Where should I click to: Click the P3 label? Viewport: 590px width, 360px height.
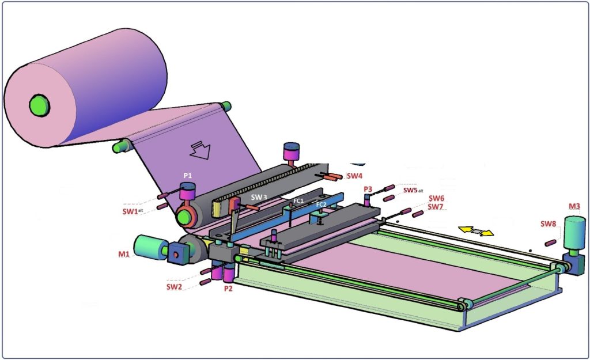[x=368, y=189]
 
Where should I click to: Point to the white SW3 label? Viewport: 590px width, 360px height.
[x=259, y=197]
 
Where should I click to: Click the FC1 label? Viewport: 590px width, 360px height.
[x=298, y=200]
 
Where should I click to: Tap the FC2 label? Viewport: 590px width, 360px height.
[x=321, y=204]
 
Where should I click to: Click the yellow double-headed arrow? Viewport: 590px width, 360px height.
[x=476, y=232]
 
